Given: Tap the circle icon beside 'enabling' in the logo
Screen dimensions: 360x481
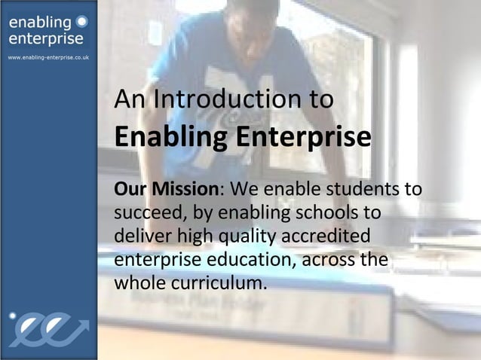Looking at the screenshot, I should [81, 23].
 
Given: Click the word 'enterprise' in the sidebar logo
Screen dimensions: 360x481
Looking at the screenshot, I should [46, 39].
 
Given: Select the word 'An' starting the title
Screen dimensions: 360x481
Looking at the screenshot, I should [127, 100].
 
